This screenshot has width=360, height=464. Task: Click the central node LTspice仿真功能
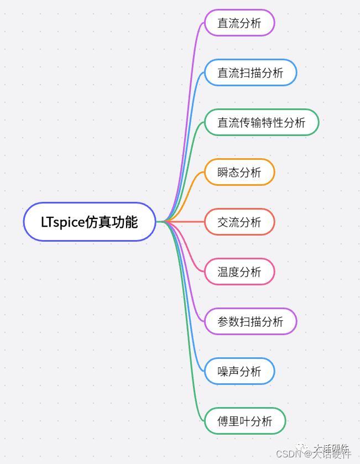[89, 222]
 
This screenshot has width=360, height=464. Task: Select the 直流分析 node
[239, 23]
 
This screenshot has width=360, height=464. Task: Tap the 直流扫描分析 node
[251, 73]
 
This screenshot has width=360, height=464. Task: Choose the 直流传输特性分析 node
[262, 123]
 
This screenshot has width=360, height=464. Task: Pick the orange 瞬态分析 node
[239, 173]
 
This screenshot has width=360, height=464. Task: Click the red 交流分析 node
[239, 222]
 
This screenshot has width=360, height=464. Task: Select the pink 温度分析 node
[239, 272]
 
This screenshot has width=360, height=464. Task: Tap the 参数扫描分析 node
[251, 322]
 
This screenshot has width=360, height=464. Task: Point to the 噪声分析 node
[239, 372]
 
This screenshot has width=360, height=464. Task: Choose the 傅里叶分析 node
[245, 421]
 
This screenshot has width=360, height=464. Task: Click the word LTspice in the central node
[62, 222]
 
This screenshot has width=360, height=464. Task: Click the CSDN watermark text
[288, 453]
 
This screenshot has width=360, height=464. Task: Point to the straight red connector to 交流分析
[185, 222]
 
